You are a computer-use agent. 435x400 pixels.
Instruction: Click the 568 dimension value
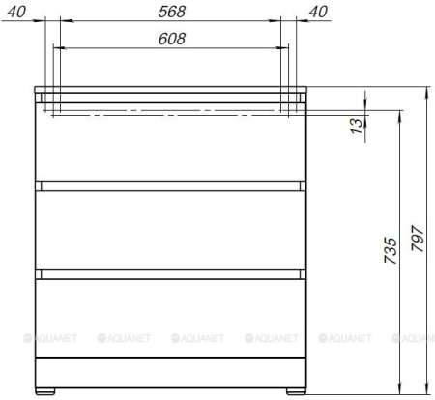coord(172,12)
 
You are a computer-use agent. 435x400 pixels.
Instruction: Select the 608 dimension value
coord(172,39)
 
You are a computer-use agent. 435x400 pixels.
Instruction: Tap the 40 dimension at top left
coord(16,12)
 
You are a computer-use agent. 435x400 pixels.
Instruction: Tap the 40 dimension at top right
coord(318,12)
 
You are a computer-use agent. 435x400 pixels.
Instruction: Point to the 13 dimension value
coord(356,126)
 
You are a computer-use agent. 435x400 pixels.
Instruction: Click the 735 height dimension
coord(391,251)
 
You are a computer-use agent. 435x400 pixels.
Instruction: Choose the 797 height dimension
coord(418,239)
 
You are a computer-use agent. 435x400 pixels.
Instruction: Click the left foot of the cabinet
coord(45,391)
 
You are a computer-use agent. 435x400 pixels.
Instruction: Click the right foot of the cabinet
coord(296,391)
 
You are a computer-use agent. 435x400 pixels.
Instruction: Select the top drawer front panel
coord(170,142)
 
